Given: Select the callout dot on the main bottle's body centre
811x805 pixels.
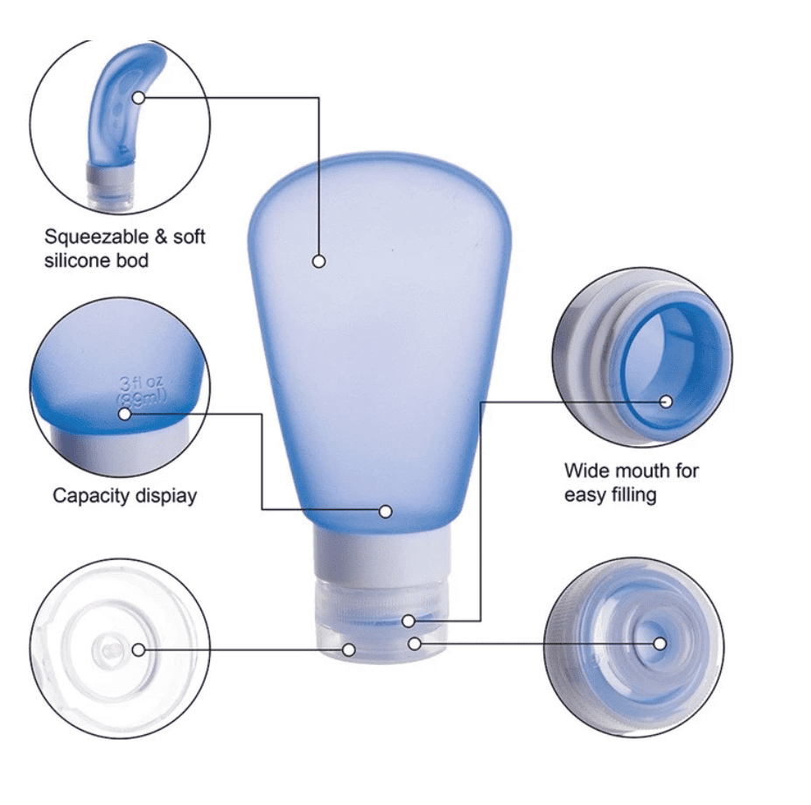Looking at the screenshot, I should [x=318, y=261].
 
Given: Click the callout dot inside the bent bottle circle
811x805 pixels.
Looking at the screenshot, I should [x=138, y=97].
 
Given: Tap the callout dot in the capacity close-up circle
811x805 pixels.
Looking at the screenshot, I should [x=125, y=413].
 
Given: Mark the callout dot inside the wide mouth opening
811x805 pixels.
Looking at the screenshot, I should [x=666, y=402].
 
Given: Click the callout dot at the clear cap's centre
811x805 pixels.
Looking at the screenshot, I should [x=138, y=649].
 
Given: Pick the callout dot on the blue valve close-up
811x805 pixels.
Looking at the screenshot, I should [x=660, y=644].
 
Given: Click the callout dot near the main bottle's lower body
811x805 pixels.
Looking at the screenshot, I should [x=386, y=511].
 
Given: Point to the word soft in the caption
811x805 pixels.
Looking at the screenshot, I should [x=190, y=236].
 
